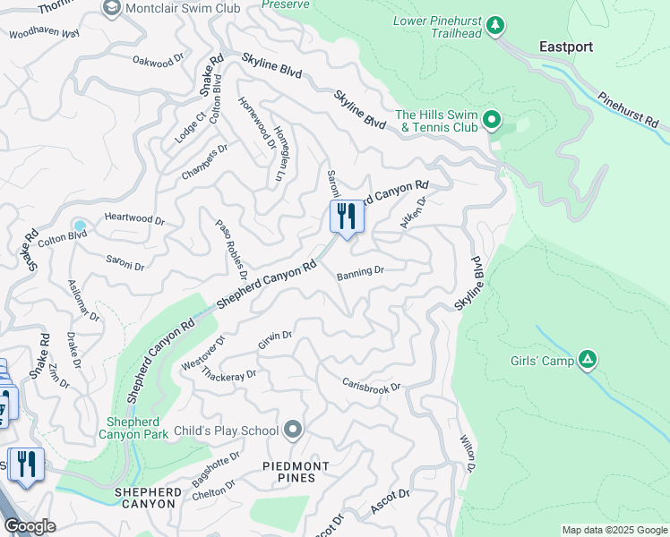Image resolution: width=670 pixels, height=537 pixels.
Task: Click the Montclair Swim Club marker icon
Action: (x=112, y=8)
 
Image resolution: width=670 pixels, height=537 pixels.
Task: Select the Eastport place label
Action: (x=566, y=47)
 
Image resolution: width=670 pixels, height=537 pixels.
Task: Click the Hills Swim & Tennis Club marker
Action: (x=491, y=119)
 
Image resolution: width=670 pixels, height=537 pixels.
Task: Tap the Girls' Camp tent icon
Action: (x=588, y=360)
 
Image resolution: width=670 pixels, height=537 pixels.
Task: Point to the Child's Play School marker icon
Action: (x=293, y=430)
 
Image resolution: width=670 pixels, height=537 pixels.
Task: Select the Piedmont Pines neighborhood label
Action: (x=296, y=472)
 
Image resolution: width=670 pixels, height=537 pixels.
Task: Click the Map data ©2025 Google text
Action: (x=614, y=530)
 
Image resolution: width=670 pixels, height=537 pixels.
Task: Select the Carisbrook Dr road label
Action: (x=371, y=386)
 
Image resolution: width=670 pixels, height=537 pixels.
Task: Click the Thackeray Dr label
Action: (x=229, y=375)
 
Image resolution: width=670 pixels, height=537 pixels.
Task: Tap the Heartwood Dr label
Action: (x=134, y=219)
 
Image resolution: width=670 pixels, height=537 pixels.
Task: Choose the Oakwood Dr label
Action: (x=158, y=62)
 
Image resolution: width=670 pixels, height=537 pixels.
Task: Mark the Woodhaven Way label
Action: (x=44, y=35)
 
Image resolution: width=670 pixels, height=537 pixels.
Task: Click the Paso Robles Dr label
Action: (x=229, y=243)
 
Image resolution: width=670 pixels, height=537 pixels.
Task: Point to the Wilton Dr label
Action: (x=467, y=452)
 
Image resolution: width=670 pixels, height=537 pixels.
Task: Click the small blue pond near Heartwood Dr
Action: (x=81, y=226)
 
